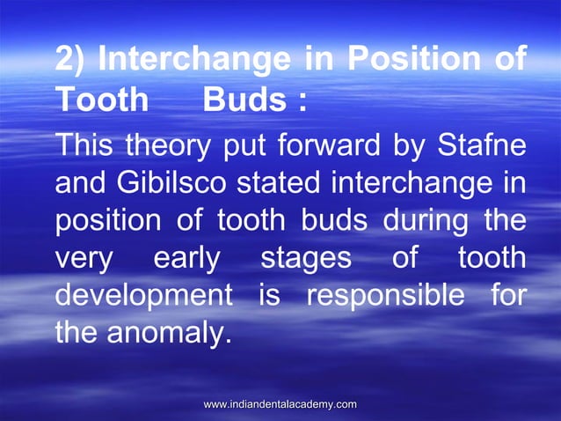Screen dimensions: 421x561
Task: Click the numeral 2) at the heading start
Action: [x=70, y=61]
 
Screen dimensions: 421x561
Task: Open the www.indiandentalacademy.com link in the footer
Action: [x=280, y=403]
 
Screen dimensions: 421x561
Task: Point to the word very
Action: [x=84, y=258]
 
